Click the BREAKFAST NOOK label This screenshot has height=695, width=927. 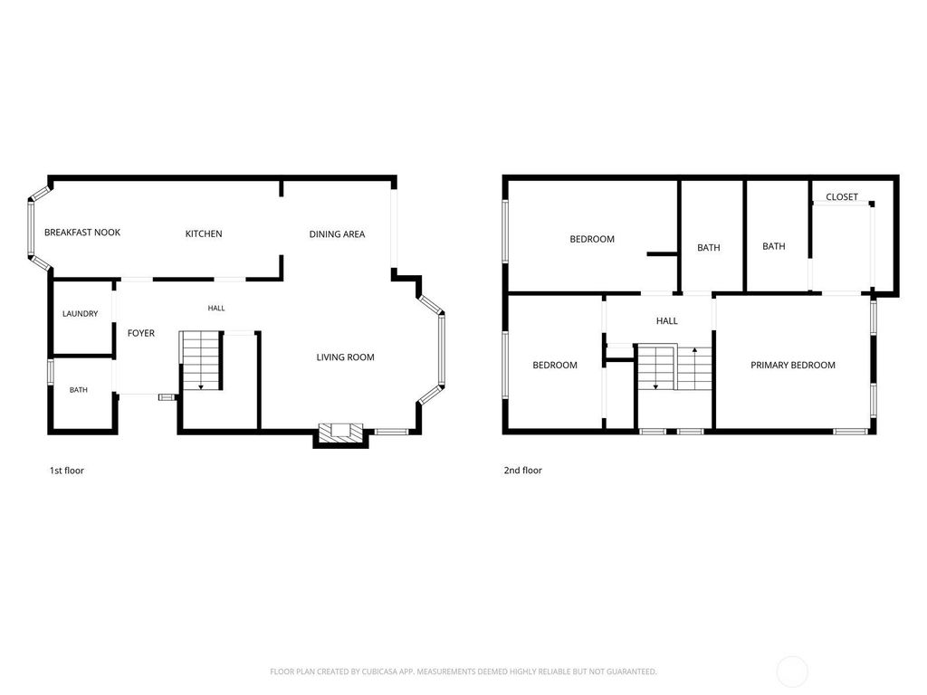pyautogui.click(x=82, y=233)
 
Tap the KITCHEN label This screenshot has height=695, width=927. pyautogui.click(x=204, y=233)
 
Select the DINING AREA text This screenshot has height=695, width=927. pyautogui.click(x=337, y=234)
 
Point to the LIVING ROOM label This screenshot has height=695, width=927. pyautogui.click(x=345, y=357)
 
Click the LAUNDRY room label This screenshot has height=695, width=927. pyautogui.click(x=81, y=314)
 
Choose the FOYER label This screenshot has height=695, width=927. pyautogui.click(x=141, y=333)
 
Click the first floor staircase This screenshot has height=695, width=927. pyautogui.click(x=201, y=360)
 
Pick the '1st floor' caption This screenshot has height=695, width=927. pyautogui.click(x=67, y=471)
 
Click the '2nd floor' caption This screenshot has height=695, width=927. pyautogui.click(x=523, y=471)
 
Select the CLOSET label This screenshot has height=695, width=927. pyautogui.click(x=842, y=196)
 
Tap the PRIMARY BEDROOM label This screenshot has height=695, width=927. pyautogui.click(x=793, y=366)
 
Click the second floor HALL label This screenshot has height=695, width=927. pyautogui.click(x=667, y=321)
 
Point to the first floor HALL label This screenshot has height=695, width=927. pyautogui.click(x=216, y=308)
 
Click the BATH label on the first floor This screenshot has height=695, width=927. pyautogui.click(x=79, y=390)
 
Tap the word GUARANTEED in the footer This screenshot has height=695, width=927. pyautogui.click(x=633, y=671)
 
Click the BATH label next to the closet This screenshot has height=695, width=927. pyautogui.click(x=774, y=246)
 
